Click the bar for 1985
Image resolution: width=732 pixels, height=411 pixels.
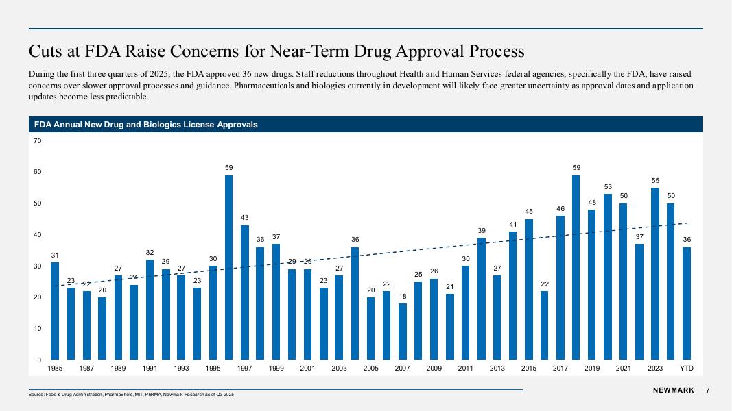click(55, 311)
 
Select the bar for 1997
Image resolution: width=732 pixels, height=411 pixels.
click(245, 292)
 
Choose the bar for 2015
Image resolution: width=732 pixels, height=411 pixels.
click(529, 289)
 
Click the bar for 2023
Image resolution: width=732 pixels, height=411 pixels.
click(655, 274)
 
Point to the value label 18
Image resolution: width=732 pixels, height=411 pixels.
click(403, 296)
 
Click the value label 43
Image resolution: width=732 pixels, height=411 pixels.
click(245, 218)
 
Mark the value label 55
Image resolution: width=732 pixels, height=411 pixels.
click(655, 180)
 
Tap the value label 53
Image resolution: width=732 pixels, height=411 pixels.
click(608, 186)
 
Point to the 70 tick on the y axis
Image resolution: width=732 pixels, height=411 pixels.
click(38, 141)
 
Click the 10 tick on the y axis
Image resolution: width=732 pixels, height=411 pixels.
click(38, 329)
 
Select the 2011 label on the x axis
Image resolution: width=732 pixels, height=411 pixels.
click(466, 369)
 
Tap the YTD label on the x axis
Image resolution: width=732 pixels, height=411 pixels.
click(687, 369)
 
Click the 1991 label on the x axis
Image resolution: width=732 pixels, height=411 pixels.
click(150, 369)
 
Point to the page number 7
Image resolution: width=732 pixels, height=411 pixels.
click(707, 390)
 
